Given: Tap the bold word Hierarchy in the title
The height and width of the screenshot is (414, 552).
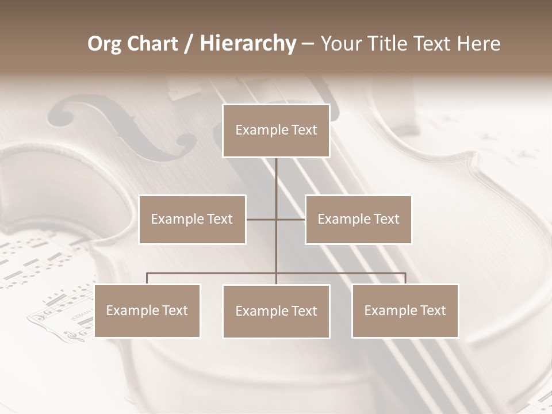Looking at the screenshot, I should click(248, 44).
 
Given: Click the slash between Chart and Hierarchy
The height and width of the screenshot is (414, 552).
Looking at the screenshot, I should click(188, 44).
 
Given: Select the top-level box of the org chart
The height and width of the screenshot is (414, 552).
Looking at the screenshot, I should click(276, 131).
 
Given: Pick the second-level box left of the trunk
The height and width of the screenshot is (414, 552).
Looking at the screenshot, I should click(192, 219).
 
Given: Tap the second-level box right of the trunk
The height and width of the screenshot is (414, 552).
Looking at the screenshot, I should click(358, 219).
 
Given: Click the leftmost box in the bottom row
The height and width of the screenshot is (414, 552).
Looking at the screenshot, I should click(147, 310).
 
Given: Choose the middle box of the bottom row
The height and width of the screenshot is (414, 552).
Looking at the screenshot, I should click(276, 311).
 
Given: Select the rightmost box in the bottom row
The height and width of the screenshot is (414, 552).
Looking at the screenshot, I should click(405, 310).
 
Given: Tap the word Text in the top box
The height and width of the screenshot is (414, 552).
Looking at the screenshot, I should click(304, 131).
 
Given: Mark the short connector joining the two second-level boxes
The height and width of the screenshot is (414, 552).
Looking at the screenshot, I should click(262, 219).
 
